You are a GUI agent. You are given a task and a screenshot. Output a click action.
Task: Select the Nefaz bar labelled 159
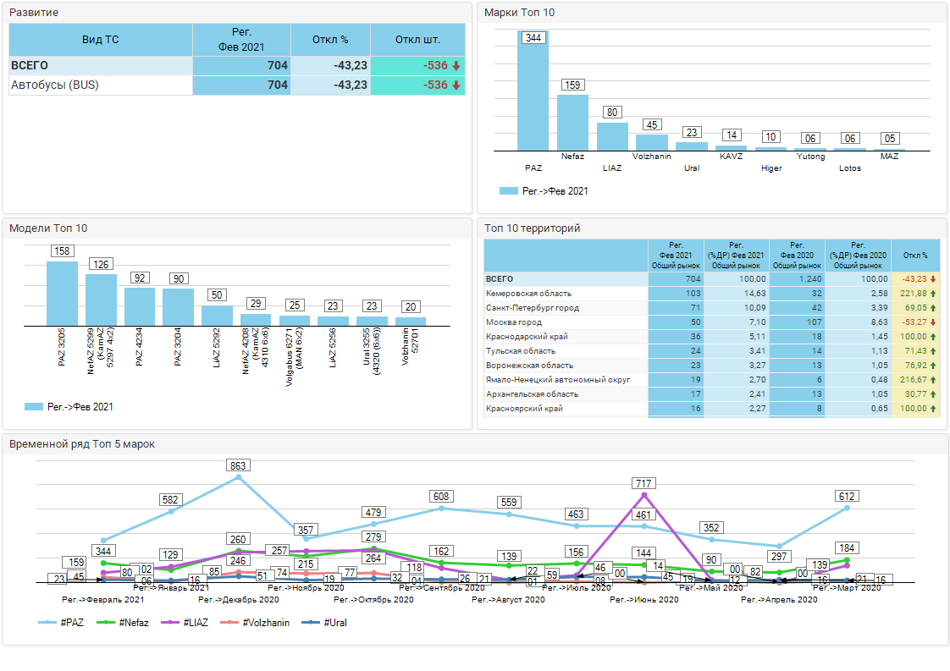coord(572,123)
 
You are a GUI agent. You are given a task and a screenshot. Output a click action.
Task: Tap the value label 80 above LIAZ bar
coord(612,112)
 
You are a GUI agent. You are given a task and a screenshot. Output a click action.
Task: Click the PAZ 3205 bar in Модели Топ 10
coord(62,293)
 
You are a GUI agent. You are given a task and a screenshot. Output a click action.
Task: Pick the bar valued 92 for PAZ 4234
coord(140,306)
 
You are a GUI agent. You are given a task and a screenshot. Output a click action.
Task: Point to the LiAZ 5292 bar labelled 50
coord(217,315)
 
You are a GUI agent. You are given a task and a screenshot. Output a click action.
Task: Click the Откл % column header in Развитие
coord(330,40)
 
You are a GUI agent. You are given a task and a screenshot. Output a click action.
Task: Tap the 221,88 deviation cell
coord(914,294)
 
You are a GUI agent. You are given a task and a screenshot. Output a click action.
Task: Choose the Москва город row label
coord(514,322)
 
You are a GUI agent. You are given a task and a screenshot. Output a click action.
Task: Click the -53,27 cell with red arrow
coord(914,322)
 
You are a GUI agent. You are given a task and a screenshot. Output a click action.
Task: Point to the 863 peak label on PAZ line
coord(239,465)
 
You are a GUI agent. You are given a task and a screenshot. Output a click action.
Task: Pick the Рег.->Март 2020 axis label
coord(847,587)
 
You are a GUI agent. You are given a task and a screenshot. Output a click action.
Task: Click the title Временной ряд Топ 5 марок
coord(82,443)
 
